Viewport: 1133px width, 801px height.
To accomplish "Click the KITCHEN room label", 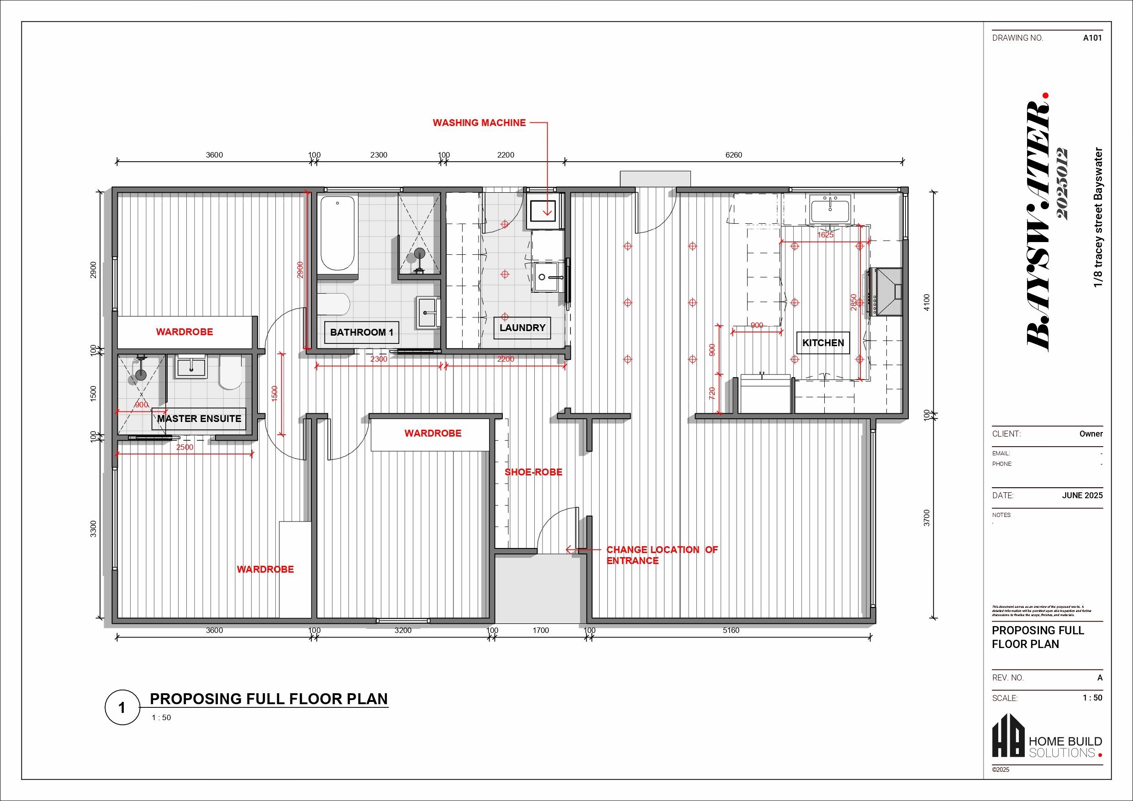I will click(x=822, y=343).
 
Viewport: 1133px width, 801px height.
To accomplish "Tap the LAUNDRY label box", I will click(x=522, y=328).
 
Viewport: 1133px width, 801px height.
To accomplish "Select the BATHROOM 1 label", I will click(x=361, y=332).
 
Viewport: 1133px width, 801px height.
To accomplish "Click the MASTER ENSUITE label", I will click(x=199, y=418).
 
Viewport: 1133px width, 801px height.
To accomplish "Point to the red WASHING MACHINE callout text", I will click(x=479, y=122).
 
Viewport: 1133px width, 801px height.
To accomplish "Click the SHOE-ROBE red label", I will click(x=533, y=472).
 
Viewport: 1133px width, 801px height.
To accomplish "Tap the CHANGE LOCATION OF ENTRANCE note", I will click(x=661, y=555).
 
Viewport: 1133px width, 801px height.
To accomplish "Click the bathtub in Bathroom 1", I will click(x=337, y=233).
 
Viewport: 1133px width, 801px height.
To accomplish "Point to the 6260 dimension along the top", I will click(x=733, y=154).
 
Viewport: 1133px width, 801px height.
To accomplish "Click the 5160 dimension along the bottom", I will click(x=731, y=630).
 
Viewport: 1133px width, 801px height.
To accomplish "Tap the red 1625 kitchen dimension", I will click(x=825, y=235).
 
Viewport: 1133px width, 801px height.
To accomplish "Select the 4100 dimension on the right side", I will click(x=926, y=302).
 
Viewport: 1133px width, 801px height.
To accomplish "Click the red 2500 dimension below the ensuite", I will click(x=184, y=447).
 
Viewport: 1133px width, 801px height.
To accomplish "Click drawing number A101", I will click(x=1092, y=38).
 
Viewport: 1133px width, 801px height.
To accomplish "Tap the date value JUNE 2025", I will click(x=1082, y=495).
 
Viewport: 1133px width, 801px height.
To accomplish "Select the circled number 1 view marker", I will click(x=122, y=708).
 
